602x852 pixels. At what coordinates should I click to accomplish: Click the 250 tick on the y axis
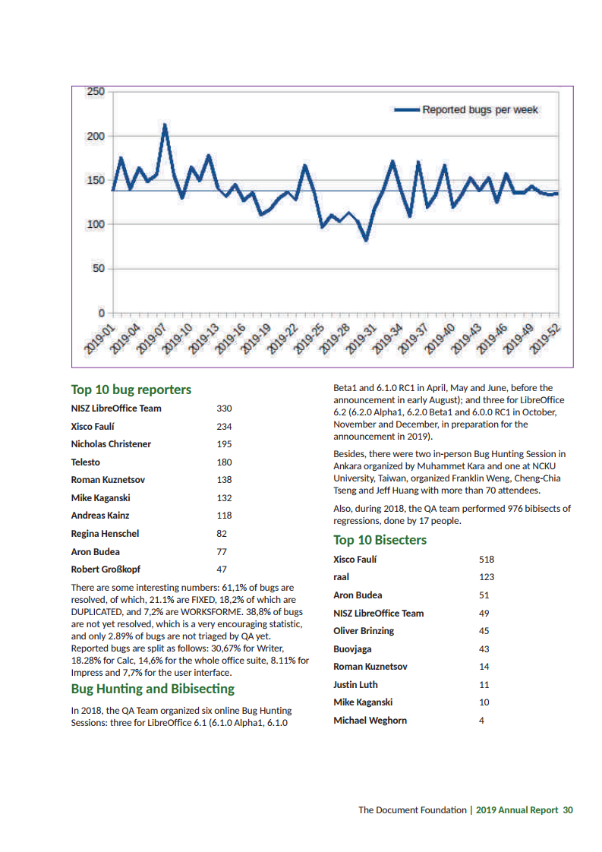coord(96,92)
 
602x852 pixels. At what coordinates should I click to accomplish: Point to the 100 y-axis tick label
coord(96,225)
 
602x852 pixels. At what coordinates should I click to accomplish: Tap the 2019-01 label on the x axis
coord(99,339)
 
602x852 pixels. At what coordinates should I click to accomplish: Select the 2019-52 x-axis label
coord(546,339)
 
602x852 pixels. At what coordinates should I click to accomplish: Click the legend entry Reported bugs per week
coord(480,110)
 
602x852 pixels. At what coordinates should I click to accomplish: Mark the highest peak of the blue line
coord(165,125)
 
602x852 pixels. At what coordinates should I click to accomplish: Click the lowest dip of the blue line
coord(366,240)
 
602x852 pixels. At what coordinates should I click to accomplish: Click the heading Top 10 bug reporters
coord(131,390)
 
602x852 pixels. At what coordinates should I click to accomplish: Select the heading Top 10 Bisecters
coord(380,540)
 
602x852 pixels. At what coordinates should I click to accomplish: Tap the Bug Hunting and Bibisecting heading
coord(153,689)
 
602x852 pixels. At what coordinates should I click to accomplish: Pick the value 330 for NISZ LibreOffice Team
coord(224,409)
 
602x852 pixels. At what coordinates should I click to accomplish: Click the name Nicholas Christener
coord(111,444)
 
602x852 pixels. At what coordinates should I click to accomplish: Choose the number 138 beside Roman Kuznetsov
coord(224,480)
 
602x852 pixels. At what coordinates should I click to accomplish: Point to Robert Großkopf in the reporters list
coord(106,569)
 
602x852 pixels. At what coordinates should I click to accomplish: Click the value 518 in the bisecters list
coord(487,560)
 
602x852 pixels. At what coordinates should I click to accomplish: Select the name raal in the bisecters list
coord(341,577)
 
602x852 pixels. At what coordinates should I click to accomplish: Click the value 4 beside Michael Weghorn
coord(481,721)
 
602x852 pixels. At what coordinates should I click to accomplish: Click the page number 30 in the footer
coord(568,809)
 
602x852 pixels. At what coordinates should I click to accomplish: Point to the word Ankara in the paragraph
coord(349,466)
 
